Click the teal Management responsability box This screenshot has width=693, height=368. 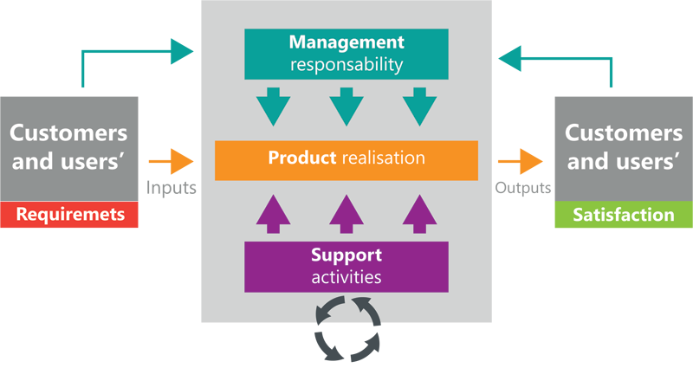point(346,52)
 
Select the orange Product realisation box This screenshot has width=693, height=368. point(346,159)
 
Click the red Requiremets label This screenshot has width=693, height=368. point(68,215)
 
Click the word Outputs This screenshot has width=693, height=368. point(523,187)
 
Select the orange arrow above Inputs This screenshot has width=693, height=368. point(171,160)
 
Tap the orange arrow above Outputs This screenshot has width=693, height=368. point(521,160)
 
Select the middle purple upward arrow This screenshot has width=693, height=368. point(346,213)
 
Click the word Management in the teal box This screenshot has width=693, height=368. point(346,42)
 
